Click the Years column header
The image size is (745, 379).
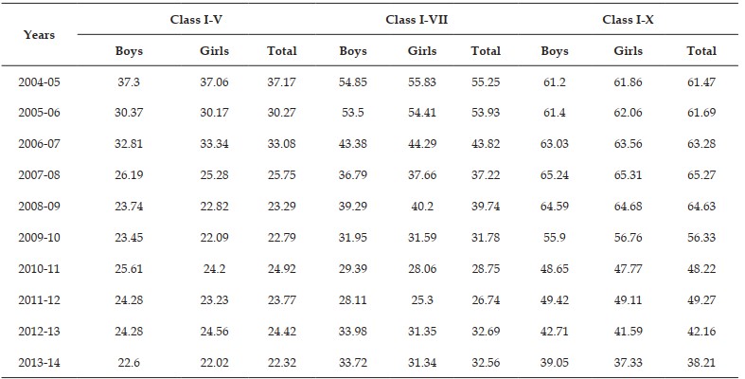[39, 35]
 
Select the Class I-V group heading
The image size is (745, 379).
[196, 20]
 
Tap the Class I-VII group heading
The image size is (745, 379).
[417, 20]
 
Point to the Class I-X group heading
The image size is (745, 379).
[629, 20]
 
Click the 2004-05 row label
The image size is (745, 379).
[40, 82]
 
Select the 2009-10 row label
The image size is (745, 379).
[40, 237]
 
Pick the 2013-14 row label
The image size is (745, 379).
[40, 362]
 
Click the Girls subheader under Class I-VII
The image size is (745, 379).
[422, 51]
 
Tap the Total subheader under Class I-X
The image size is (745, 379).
[701, 51]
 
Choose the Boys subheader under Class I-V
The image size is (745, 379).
[129, 51]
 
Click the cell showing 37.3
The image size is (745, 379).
[129, 82]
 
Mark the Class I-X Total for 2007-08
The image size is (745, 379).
[701, 175]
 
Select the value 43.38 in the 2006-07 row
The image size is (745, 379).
[352, 144]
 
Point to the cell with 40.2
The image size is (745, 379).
[422, 207]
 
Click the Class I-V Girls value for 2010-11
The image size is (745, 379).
[214, 269]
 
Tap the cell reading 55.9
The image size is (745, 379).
[555, 237]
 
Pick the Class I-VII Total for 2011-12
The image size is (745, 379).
[486, 300]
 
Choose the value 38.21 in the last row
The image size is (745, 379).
[701, 362]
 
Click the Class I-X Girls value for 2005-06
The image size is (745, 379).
[629, 113]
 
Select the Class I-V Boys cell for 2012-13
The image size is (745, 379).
[129, 331]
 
